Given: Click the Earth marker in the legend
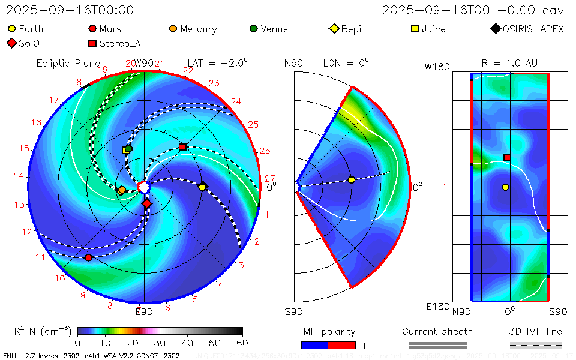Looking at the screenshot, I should click(12, 29).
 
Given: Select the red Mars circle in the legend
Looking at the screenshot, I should click(92, 29).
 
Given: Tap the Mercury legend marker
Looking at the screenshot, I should click(173, 29).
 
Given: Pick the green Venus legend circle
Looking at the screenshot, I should click(254, 29).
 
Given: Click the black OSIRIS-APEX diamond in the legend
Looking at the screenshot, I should click(496, 29).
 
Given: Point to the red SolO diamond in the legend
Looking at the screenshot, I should click(12, 43).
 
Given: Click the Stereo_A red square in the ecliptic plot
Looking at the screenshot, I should click(183, 147).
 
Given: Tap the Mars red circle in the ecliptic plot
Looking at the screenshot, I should click(89, 257).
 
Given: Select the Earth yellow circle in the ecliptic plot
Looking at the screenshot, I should click(202, 187).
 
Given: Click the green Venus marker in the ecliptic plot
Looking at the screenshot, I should click(128, 148).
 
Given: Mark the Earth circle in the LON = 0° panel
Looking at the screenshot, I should click(352, 180).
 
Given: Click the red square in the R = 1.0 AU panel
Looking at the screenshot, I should click(507, 157).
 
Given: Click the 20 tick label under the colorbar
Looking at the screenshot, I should click(133, 343).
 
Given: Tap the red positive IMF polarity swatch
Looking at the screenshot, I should click(342, 345).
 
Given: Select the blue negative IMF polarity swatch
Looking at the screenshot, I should click(314, 345).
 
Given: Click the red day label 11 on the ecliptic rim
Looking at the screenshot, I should click(41, 257).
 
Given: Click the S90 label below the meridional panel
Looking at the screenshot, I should click(294, 312).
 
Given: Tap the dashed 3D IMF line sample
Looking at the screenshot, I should click(536, 345).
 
